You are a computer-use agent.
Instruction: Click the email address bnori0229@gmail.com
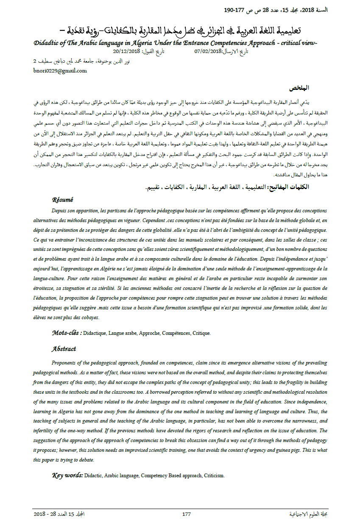[x=60, y=71]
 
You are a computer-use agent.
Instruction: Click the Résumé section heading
[x=63, y=200]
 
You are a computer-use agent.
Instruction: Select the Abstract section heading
[x=64, y=349]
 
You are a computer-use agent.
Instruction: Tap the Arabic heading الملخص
[x=299, y=88]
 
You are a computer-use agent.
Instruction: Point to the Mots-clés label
[x=67, y=333]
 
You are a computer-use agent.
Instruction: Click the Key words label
[x=67, y=475]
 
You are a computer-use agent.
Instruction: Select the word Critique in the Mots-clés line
[x=202, y=333]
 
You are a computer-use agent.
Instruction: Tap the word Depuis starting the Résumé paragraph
[x=60, y=211]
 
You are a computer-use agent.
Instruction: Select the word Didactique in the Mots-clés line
[x=95, y=333]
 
